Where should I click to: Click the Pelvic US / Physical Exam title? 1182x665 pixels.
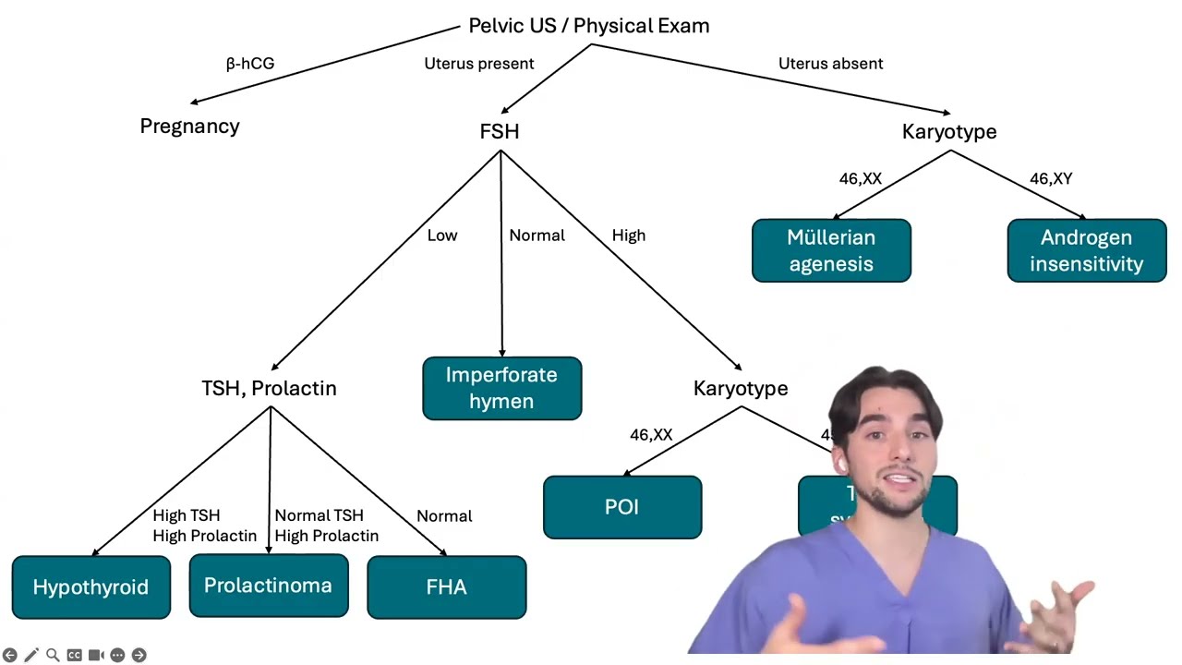(x=589, y=26)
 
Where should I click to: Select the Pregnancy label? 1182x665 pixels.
(x=189, y=127)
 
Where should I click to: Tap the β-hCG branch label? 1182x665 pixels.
(x=250, y=64)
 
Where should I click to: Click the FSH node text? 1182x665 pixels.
(x=500, y=132)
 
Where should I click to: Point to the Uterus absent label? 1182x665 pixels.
(x=830, y=64)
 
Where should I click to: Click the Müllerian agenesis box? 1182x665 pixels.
(x=831, y=250)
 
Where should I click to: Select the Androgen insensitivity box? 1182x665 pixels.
(x=1086, y=250)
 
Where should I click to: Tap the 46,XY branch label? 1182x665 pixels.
(x=1051, y=179)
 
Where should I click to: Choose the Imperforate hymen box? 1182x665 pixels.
(x=501, y=388)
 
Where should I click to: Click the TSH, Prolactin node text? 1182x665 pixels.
(x=269, y=389)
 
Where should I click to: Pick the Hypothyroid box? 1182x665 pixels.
(x=90, y=587)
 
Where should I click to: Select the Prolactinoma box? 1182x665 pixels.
(x=268, y=586)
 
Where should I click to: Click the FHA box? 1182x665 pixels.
(x=446, y=587)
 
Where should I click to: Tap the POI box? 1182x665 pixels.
(x=621, y=507)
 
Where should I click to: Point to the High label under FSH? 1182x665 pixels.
(x=629, y=236)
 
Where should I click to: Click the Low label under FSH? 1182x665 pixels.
(x=442, y=236)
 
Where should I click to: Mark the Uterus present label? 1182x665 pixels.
(x=478, y=64)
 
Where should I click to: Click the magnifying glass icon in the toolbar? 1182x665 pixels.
(x=53, y=655)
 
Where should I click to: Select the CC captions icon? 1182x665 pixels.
(x=74, y=655)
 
